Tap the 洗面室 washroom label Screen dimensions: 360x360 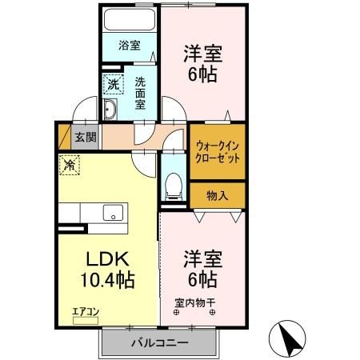click(139, 92)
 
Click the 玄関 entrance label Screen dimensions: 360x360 click(85, 136)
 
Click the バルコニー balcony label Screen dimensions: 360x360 click(159, 343)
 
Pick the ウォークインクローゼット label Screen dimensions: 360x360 click(216, 152)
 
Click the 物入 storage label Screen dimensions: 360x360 click(217, 194)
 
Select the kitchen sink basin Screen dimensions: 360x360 click(113, 212)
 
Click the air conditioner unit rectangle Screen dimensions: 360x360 click(84, 320)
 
